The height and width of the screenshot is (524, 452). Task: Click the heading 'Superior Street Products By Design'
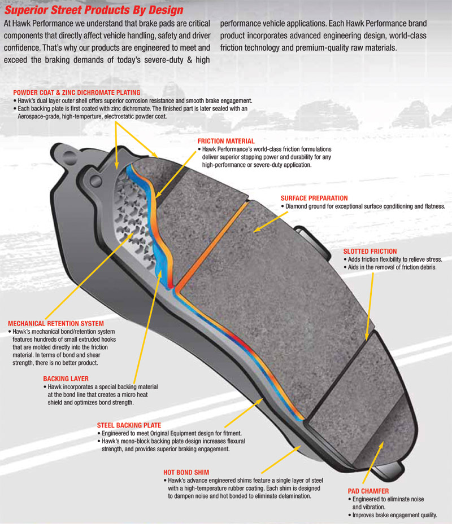[94, 10]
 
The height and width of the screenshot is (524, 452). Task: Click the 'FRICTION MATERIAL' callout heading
[226, 141]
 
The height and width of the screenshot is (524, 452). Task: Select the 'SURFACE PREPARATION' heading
[314, 198]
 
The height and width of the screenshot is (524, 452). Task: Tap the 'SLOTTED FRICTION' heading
[370, 252]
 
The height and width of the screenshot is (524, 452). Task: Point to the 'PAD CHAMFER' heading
[368, 491]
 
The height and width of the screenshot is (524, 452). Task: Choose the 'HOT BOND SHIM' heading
[186, 472]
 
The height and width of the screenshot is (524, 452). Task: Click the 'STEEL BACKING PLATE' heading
[129, 425]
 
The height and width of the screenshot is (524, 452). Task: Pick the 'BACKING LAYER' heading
[66, 378]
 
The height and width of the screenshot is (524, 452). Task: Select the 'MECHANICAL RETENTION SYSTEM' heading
[56, 324]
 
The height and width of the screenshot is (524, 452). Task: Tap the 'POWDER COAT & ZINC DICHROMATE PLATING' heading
[77, 93]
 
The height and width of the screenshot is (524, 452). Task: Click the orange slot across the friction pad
[212, 245]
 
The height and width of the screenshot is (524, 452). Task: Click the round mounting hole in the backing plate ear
[95, 181]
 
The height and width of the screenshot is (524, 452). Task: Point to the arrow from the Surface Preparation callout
[270, 222]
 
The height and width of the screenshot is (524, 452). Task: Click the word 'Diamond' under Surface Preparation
[296, 206]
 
